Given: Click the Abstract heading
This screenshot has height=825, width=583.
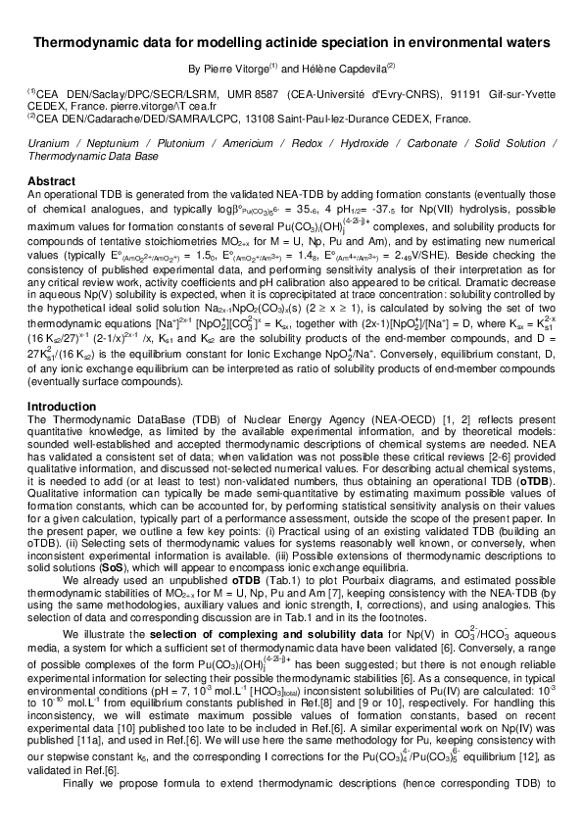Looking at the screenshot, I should [x=52, y=181].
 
